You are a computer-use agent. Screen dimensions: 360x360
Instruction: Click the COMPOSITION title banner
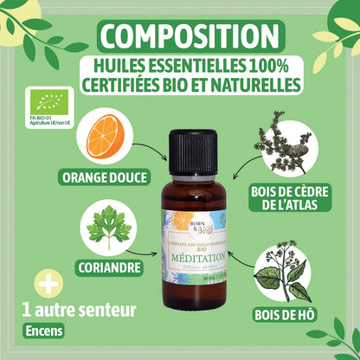click(x=180, y=37)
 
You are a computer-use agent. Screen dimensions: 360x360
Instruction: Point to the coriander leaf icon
click(x=107, y=226)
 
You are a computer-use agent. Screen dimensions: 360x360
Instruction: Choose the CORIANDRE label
click(x=108, y=267)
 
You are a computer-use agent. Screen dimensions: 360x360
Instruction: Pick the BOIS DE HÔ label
click(x=285, y=313)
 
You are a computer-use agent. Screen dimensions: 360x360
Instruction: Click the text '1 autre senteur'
click(x=69, y=309)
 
